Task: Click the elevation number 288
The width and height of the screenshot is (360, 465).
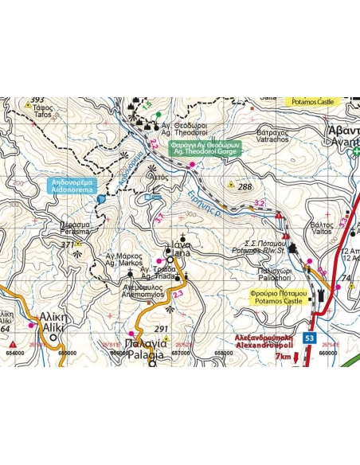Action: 245,186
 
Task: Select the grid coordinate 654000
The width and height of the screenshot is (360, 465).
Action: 14,351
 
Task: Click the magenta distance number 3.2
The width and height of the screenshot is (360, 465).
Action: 259,204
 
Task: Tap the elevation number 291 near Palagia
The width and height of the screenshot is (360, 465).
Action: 162,329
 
